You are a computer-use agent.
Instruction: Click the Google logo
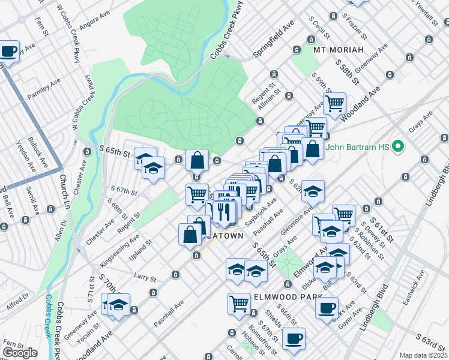click(x=20, y=353)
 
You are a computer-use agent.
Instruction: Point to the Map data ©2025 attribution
click(x=423, y=355)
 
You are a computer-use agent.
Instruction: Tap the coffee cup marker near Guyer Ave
click(x=327, y=308)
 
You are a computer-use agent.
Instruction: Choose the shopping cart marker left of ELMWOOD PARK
click(x=239, y=303)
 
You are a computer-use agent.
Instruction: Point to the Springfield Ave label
click(x=267, y=43)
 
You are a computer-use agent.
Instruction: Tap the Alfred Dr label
click(x=18, y=301)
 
